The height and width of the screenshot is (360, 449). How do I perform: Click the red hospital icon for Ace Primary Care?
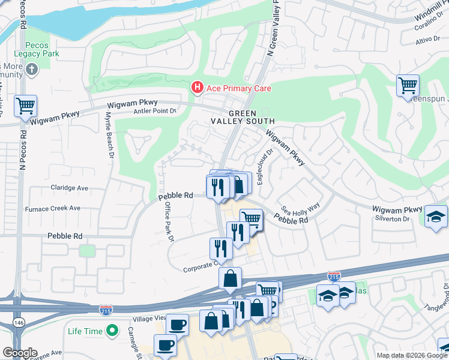(196, 88)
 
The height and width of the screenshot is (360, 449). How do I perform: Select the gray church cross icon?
(32, 71)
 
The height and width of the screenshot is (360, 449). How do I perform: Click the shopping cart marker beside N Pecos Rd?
(26, 106)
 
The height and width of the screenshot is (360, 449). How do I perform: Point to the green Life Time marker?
(112, 331)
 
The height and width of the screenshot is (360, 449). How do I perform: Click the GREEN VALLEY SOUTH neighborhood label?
(242, 118)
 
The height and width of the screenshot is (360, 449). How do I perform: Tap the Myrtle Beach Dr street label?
(110, 135)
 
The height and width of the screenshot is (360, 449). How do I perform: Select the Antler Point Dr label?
(154, 110)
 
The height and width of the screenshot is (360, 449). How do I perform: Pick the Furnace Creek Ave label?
(52, 209)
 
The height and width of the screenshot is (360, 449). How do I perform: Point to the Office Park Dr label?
(169, 220)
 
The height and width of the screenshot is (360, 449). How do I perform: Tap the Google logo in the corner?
(19, 353)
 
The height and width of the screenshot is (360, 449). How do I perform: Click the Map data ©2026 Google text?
(411, 355)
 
